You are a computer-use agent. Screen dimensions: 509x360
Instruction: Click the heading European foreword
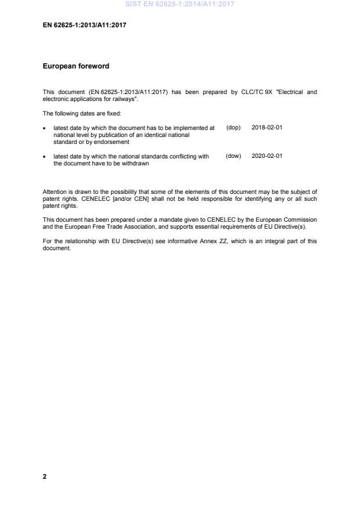(75, 67)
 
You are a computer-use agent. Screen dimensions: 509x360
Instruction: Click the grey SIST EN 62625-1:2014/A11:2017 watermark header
(179, 5)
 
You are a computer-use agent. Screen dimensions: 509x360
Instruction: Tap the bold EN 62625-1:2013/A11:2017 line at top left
(85, 26)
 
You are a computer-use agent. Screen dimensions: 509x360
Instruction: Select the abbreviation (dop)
(233, 127)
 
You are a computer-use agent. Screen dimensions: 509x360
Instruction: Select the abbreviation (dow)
(233, 156)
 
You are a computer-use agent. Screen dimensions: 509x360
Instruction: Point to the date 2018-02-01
(267, 127)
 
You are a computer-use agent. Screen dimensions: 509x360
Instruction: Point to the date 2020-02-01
(267, 156)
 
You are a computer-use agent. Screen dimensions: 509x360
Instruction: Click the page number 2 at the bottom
(45, 476)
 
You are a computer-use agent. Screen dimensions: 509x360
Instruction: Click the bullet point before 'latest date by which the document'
(45, 128)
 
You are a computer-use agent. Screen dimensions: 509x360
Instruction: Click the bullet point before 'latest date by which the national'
(45, 157)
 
